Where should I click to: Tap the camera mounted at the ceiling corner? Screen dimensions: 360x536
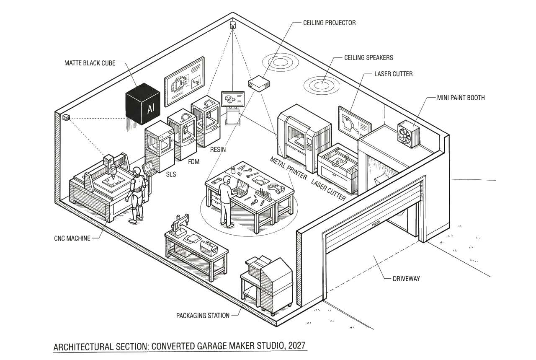pos(233,26)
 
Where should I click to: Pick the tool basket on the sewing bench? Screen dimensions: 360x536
pos(209,248)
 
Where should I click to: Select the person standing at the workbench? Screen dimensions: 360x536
pos(226,201)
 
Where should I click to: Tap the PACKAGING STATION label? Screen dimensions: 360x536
pos(203,316)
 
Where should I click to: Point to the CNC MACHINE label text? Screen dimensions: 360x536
pos(72,238)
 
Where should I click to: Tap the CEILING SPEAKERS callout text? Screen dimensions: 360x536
pos(368,57)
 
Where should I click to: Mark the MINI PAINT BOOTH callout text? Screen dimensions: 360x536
pos(461,98)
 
